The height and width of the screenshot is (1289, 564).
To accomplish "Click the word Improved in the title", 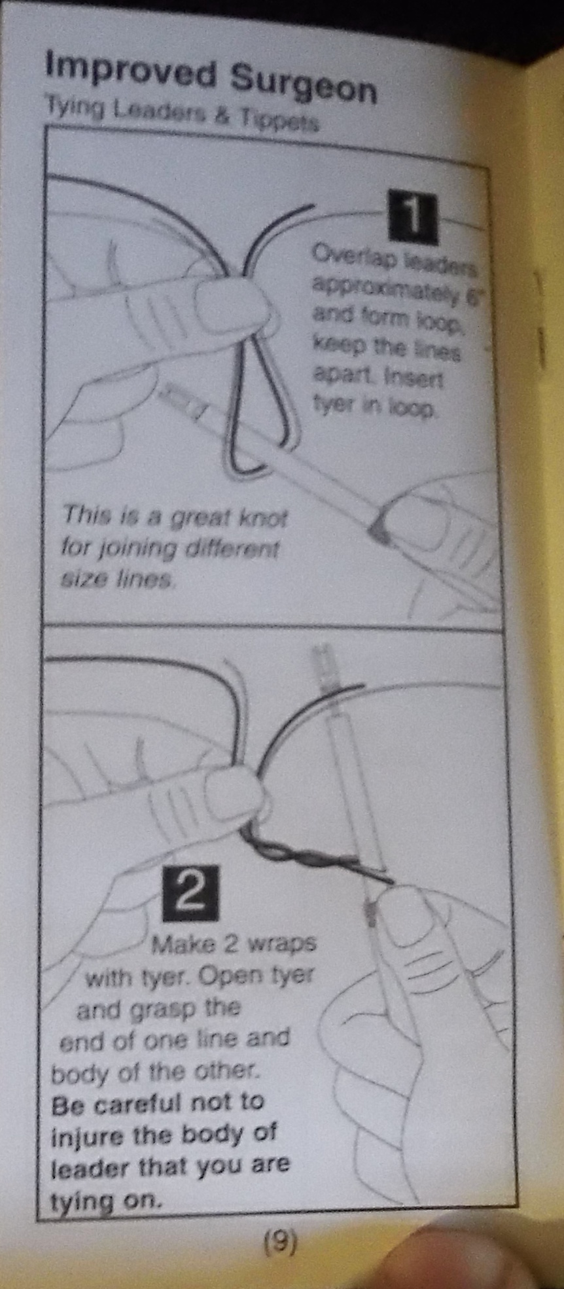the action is [130, 72].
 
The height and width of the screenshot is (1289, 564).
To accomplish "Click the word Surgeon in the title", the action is [304, 86].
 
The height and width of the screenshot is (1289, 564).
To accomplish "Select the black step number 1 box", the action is [412, 215].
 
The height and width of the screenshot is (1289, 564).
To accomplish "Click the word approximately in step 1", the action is [385, 289].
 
